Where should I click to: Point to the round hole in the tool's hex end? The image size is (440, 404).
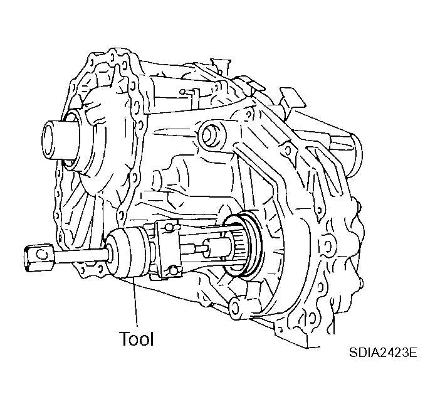click(x=41, y=254)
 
